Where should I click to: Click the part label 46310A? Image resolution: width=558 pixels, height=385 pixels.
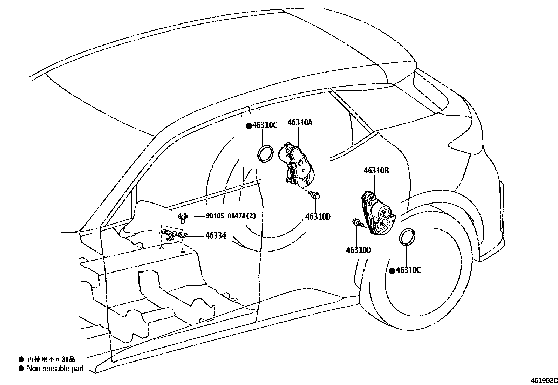(x=300, y=123)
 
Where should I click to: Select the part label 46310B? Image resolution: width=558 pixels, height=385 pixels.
(x=376, y=171)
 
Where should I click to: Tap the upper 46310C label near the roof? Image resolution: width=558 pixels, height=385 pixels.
(x=265, y=125)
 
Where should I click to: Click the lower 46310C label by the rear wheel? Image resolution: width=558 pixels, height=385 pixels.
(x=408, y=270)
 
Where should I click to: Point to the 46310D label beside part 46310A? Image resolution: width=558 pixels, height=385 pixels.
(x=318, y=216)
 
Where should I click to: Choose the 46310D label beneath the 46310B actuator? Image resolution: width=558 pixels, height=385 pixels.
(x=359, y=250)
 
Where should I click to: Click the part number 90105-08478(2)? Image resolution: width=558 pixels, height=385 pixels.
(x=231, y=216)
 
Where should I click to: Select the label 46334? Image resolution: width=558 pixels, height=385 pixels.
(x=216, y=236)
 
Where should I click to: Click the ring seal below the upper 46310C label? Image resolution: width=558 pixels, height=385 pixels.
(x=266, y=153)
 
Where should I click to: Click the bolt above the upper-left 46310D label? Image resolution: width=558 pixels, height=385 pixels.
(x=314, y=194)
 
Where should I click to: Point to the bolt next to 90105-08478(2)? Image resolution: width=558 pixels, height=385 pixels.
(x=182, y=217)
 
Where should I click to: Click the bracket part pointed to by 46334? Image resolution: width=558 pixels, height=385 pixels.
(x=172, y=235)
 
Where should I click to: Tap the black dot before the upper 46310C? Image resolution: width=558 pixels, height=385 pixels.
(x=249, y=125)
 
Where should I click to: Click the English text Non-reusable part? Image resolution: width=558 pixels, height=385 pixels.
(x=55, y=368)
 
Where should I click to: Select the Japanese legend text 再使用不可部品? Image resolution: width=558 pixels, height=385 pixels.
(x=51, y=359)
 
